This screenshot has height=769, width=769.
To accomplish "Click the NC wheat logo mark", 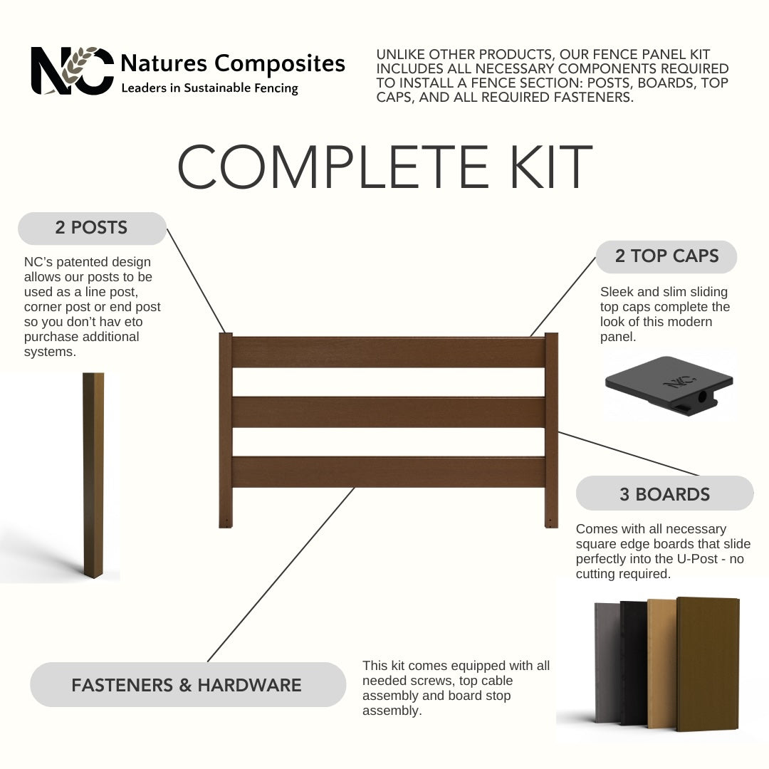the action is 72,70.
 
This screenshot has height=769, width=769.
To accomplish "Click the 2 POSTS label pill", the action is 92,228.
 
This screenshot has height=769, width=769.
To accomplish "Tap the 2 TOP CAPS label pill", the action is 666,256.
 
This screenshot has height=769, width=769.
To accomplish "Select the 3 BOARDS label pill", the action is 664,493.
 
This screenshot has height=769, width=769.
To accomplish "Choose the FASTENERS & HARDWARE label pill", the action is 188,685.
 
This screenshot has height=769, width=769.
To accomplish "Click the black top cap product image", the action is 669,385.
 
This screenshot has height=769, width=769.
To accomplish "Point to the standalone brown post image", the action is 93,475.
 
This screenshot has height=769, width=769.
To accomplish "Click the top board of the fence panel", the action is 389,352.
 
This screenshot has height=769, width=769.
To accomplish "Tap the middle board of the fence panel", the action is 389,412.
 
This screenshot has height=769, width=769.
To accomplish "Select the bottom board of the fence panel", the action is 389,472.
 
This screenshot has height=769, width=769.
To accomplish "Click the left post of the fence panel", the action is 226,431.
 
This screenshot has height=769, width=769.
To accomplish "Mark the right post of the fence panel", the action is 552,431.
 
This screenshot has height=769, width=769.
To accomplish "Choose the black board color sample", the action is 634,663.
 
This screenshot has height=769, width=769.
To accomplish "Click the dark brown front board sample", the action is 708,664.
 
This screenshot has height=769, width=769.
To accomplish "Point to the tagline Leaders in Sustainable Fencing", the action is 210,88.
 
